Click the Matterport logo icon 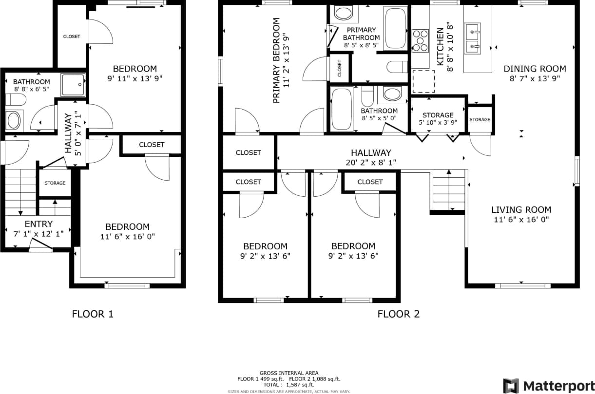512,385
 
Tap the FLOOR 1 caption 93,314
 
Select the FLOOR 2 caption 398,314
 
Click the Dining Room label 535,69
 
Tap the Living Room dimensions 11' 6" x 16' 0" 521,220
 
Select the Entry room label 38,224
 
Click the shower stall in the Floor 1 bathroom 74,85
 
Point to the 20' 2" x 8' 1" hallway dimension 370,162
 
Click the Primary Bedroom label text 276,61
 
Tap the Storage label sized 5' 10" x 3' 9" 438,115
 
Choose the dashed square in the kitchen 423,81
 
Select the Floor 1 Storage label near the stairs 55,183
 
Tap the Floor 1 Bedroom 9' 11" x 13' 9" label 134,69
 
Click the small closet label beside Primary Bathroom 340,69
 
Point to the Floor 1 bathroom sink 13,120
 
